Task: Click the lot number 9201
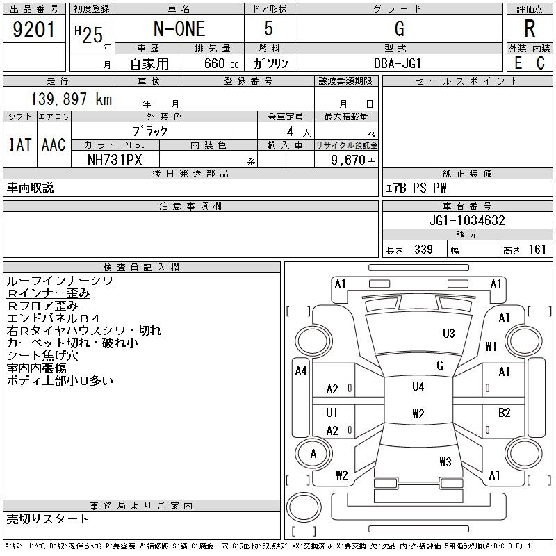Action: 33,29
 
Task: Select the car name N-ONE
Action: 179,28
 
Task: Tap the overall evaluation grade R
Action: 530,28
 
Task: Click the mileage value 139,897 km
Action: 71,99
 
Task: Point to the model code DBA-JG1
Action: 398,63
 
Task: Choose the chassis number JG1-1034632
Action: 467,220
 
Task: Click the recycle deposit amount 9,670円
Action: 353,161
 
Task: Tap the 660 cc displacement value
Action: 221,63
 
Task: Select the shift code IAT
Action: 20,145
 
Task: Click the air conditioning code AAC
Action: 54,145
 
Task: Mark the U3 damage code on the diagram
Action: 448,334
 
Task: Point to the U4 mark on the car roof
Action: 418,386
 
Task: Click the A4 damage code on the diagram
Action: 301,370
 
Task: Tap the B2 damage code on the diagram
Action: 504,413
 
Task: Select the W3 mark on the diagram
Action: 445,461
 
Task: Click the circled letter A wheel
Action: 313,454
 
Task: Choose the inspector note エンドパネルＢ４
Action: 54,318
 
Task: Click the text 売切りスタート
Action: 47,519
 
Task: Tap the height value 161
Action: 537,250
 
